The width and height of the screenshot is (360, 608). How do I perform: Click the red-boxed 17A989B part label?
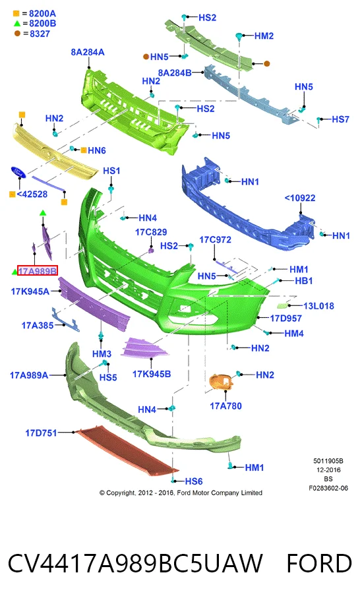pos(38,271)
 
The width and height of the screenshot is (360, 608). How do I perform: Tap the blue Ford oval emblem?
pos(18,172)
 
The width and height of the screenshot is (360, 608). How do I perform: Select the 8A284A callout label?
pos(88,52)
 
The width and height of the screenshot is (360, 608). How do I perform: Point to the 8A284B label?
pos(174,73)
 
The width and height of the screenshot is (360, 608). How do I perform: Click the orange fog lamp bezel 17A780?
pos(222,382)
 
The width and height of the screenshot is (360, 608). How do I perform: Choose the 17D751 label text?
pos(41,433)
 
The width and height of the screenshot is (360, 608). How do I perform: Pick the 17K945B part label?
pos(152,374)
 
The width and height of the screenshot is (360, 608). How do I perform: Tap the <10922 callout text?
pos(300,198)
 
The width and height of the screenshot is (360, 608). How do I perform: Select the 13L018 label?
pos(318,306)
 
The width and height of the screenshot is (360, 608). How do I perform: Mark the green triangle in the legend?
pos(16,23)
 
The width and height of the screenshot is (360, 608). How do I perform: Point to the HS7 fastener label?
pos(341,119)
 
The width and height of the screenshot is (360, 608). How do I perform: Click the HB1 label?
pos(304,280)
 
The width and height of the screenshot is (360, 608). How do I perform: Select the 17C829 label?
pos(151,232)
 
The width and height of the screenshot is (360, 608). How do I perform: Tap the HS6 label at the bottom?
pos(194,481)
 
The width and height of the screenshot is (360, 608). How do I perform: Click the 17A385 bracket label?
pos(37,325)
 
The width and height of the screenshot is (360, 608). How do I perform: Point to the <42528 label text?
pos(32,194)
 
